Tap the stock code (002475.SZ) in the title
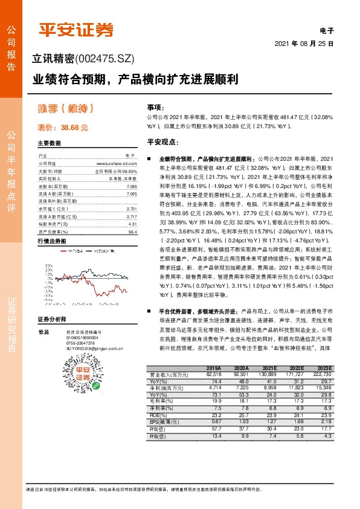(104, 59)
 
